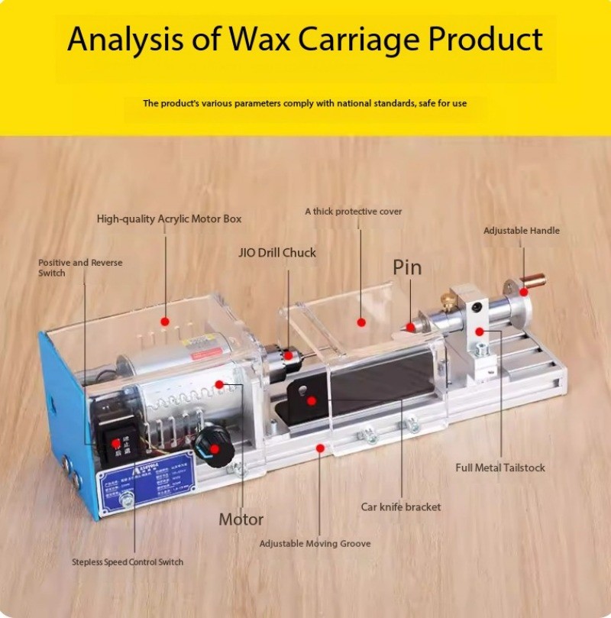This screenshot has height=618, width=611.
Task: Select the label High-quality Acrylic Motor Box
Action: click(169, 218)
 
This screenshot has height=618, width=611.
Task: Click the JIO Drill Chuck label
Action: click(277, 252)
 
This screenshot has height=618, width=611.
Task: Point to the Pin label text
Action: click(407, 267)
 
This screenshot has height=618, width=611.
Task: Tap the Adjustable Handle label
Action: click(522, 230)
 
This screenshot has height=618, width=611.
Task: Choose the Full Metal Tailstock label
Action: click(500, 468)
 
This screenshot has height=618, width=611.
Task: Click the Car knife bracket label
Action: click(400, 506)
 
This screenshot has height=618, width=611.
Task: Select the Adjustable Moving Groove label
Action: click(315, 543)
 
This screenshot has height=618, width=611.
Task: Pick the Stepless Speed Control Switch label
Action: click(128, 561)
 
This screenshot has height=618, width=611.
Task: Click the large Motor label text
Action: click(241, 519)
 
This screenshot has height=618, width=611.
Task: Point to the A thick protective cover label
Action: click(353, 211)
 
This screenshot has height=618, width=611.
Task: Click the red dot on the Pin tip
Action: click(410, 326)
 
